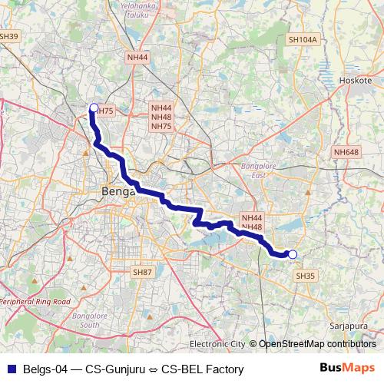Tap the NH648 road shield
[x=346, y=153]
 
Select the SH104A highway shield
[x=302, y=39]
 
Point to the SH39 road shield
[x=9, y=35]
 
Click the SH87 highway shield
[x=142, y=272]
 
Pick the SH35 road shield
[x=305, y=276]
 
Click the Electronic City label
[x=217, y=343]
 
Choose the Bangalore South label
[x=85, y=319]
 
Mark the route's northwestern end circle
[x=94, y=108]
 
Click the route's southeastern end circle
[x=292, y=254]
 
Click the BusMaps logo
[x=352, y=369]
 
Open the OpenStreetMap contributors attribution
[x=316, y=343]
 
